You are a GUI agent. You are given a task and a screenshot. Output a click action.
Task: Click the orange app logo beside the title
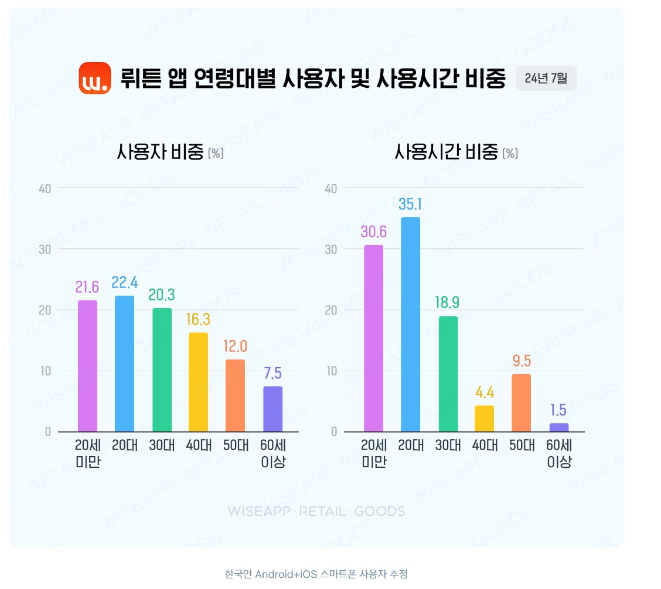pos(95,78)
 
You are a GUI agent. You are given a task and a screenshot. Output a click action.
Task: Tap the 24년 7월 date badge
pos(546,78)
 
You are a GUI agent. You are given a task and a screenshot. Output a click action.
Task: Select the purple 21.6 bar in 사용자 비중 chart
pos(87,366)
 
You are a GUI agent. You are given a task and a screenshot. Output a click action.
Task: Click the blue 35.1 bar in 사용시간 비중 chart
pos(410,324)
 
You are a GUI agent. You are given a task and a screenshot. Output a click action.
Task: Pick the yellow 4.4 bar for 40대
pos(484,418)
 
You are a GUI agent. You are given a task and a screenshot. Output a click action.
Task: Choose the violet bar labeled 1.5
pos(559,427)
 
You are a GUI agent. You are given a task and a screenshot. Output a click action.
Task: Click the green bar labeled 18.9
pos(448,374)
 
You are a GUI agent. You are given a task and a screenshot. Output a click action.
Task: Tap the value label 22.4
pos(125,283)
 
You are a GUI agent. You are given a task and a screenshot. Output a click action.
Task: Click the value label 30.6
pos(374,231)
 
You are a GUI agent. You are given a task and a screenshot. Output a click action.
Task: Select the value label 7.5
pos(272,374)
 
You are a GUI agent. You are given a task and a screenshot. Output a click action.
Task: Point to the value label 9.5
pos(522,361)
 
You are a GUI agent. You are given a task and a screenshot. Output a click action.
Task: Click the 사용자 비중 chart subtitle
pos(170,153)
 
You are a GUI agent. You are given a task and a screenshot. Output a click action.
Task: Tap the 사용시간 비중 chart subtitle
pos(456,153)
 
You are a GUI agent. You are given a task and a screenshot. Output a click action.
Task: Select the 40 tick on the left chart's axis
pos(45,188)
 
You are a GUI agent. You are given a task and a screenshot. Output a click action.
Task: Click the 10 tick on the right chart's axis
pos(332,371)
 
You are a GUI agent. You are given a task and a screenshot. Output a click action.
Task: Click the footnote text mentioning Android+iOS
pos(316,574)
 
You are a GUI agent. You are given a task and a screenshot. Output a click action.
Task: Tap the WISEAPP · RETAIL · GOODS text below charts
pos(316,511)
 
